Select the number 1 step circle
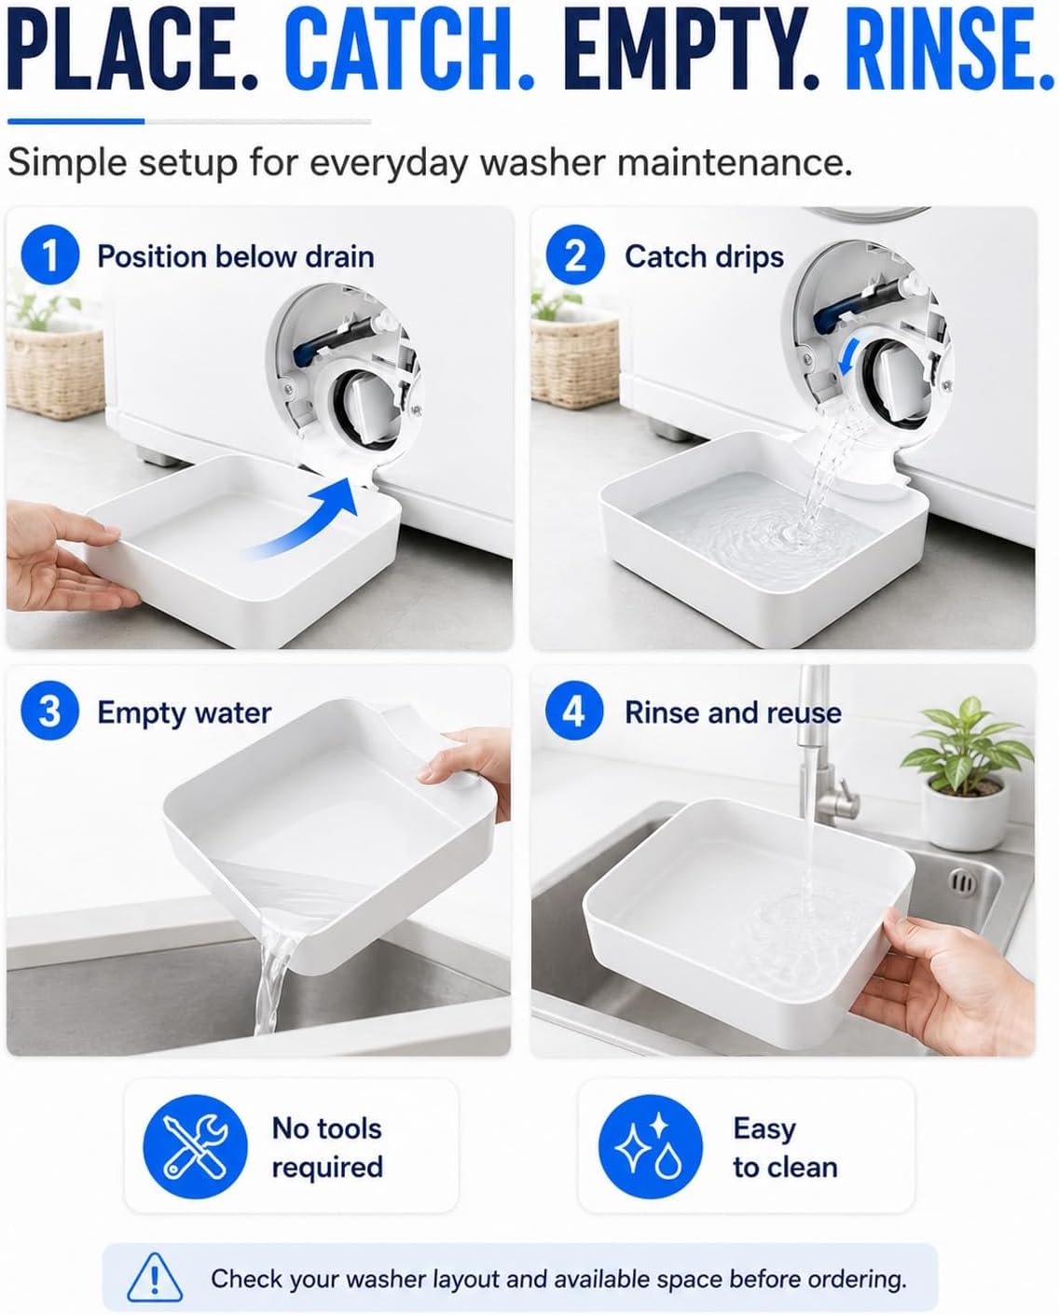point(50,255)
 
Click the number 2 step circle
point(575,255)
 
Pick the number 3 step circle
point(50,711)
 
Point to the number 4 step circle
point(574,711)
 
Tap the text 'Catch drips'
point(704,257)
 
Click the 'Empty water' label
point(185,713)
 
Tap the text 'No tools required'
point(327,1147)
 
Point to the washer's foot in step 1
point(153,455)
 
